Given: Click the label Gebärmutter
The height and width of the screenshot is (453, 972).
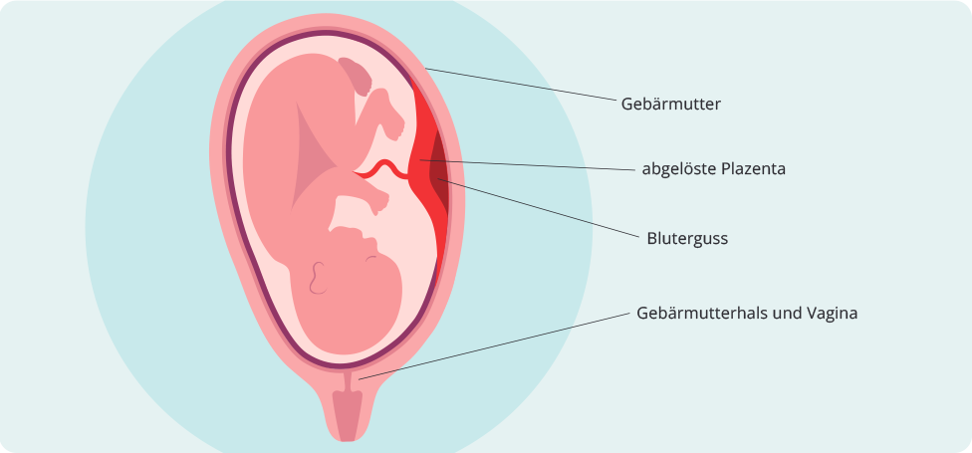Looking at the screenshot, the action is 670,105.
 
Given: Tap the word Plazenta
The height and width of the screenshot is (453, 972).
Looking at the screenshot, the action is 748,168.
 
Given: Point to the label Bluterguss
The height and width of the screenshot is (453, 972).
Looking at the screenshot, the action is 687,239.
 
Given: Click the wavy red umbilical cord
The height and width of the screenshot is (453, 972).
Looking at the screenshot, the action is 382,170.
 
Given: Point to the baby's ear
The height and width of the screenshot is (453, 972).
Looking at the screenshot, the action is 318,278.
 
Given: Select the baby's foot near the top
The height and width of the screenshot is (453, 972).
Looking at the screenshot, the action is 390,114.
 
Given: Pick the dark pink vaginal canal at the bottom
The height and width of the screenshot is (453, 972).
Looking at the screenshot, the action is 348,415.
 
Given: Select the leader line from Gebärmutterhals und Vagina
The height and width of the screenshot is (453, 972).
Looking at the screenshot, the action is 494,345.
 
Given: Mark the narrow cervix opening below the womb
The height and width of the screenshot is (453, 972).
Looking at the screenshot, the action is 348,380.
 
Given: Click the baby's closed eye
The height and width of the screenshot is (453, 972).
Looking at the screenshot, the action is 370,259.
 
